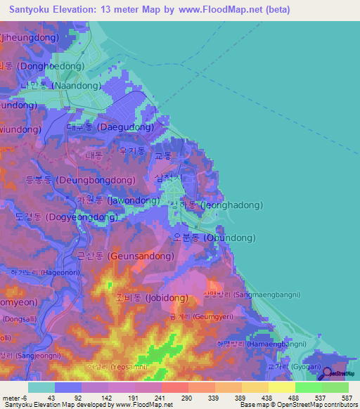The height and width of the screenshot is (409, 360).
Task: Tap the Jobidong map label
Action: tap(152, 298)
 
